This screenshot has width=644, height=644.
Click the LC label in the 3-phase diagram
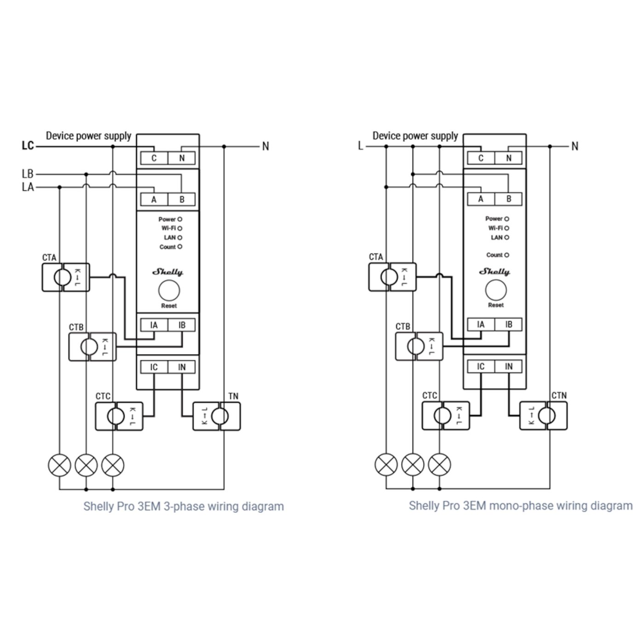pyautogui.click(x=28, y=146)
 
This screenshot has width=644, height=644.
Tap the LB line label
pyautogui.click(x=28, y=174)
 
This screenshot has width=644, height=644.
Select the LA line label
pyautogui.click(x=28, y=187)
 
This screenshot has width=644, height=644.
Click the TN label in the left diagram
pyautogui.click(x=233, y=397)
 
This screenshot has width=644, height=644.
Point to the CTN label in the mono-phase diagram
pyautogui.click(x=559, y=396)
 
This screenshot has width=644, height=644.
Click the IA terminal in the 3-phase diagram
pyautogui.click(x=154, y=325)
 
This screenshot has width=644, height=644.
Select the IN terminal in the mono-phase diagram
pyautogui.click(x=508, y=367)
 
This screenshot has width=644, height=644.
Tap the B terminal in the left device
pyautogui.click(x=181, y=200)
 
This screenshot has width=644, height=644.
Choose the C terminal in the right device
pyautogui.click(x=481, y=158)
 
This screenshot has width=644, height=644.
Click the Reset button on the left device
pyautogui.click(x=169, y=291)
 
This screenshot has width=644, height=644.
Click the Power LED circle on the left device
pyautogui.click(x=180, y=219)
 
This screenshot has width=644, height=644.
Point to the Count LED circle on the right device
pyautogui.click(x=506, y=255)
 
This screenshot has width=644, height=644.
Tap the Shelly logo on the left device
pyautogui.click(x=168, y=272)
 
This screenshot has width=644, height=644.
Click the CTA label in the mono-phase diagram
pyautogui.click(x=376, y=257)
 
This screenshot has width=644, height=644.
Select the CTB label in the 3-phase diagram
pyautogui.click(x=76, y=327)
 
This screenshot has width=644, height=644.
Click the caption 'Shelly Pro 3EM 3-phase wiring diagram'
pyautogui.click(x=184, y=506)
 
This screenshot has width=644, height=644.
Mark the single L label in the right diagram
pyautogui.click(x=360, y=146)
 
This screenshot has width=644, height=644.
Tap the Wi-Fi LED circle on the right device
pyautogui.click(x=506, y=228)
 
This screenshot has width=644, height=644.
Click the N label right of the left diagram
pyautogui.click(x=266, y=146)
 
